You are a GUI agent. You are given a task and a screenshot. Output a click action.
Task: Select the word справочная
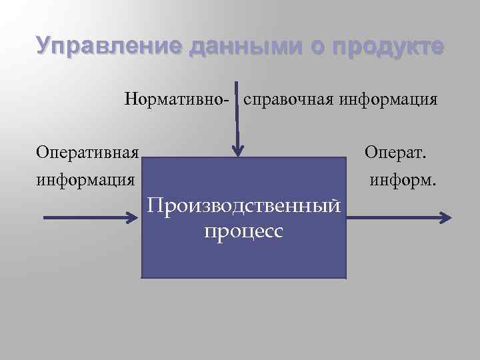click(x=289, y=101)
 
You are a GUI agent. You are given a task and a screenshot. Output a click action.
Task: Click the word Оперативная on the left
click(x=87, y=153)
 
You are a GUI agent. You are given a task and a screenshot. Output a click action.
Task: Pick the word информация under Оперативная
click(x=86, y=179)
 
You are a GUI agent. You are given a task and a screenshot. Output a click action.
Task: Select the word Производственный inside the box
click(x=245, y=207)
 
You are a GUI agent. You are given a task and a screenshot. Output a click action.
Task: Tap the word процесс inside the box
click(x=245, y=231)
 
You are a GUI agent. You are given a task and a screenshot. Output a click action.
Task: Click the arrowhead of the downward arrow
click(x=237, y=151)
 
